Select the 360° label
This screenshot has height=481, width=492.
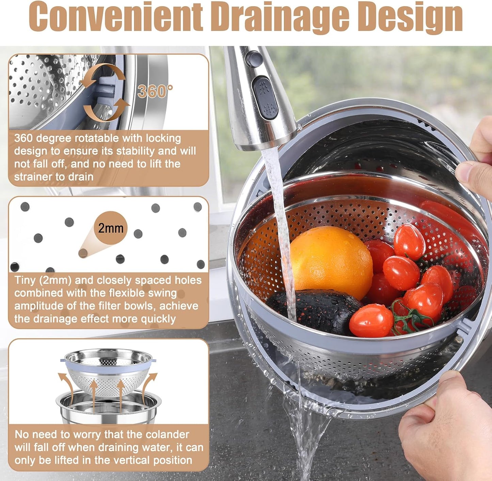pyautogui.click(x=155, y=91)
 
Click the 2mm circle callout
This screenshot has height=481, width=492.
pyautogui.click(x=110, y=228)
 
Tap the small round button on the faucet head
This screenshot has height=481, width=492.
pyautogui.click(x=254, y=58)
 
